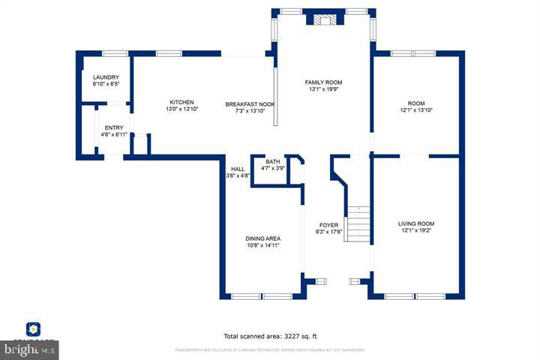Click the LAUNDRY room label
[x=106, y=77]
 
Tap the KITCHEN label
[x=181, y=102]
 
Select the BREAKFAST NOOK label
[x=250, y=103]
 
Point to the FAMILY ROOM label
[x=323, y=82]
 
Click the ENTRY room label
[x=114, y=127]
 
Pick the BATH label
[x=272, y=161]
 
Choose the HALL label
[x=238, y=169]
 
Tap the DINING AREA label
[x=262, y=238]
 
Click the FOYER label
[x=328, y=225]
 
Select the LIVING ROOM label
[x=415, y=223]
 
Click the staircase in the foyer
[x=358, y=222]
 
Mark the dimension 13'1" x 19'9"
[x=323, y=89]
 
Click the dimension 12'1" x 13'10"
[x=415, y=110]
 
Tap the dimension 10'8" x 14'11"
[x=262, y=245]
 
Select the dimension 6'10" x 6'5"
[x=106, y=84]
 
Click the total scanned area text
[x=275, y=337]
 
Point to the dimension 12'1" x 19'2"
[x=415, y=231]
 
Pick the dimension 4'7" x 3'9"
[x=272, y=168]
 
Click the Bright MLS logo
[x=30, y=349]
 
